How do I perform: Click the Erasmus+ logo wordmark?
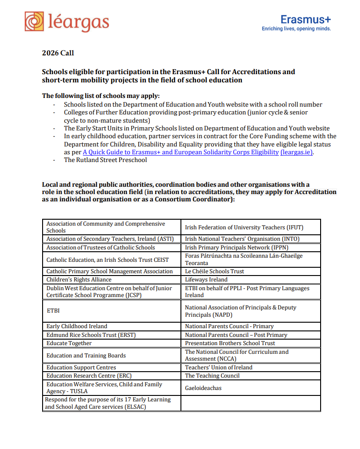click(305, 19)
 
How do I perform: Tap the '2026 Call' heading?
click(58, 53)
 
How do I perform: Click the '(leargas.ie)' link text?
click(297, 152)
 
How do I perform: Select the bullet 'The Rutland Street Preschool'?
click(105, 160)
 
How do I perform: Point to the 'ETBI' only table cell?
click(53, 311)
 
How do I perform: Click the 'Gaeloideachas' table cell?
click(203, 388)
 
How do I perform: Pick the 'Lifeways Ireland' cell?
click(206, 280)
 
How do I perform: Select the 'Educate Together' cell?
click(69, 343)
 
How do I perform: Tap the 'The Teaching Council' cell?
click(212, 376)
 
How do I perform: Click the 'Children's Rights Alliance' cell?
click(79, 280)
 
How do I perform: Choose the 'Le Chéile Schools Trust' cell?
click(214, 271)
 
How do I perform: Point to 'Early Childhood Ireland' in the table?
click(76, 326)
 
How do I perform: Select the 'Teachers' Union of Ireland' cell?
click(218, 368)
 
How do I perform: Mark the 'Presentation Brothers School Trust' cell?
click(230, 343)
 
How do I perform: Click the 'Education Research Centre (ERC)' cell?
click(85, 376)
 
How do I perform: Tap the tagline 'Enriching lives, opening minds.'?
click(296, 29)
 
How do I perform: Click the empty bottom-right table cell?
click(251, 403)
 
